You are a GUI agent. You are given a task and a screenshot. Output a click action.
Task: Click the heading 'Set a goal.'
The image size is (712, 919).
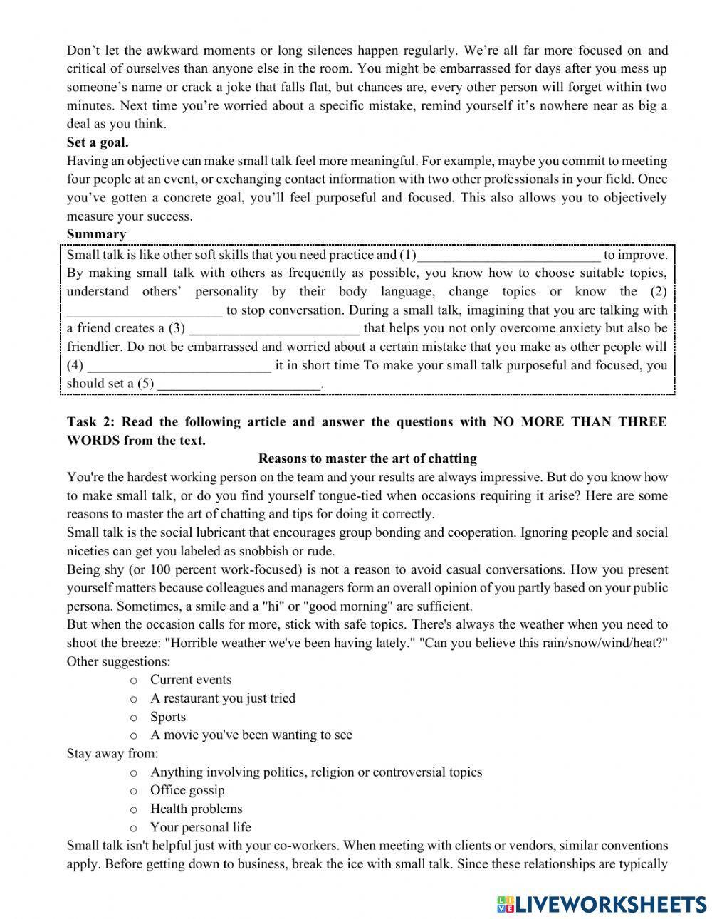coord(98,142)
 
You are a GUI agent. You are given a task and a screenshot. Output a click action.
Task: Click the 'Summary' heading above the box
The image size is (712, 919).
coord(96,234)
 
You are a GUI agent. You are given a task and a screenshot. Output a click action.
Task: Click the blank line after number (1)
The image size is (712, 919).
coord(508,256)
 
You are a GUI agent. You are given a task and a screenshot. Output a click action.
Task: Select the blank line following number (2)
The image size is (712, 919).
coord(145,311)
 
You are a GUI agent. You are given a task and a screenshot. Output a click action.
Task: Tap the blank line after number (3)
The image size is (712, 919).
coord(274,329)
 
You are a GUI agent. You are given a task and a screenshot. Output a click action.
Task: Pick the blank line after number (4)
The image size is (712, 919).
coord(178,366)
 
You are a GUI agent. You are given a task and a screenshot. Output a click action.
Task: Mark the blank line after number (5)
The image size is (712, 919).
coord(239,384)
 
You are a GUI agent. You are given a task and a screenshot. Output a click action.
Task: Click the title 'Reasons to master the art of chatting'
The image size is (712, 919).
coord(367,458)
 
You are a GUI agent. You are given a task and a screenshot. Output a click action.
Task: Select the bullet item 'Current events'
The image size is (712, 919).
coord(191,680)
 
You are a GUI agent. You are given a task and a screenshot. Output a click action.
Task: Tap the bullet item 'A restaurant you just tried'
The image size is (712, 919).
coord(222,698)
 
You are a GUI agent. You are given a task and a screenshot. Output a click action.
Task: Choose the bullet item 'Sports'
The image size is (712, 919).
coord(168,717)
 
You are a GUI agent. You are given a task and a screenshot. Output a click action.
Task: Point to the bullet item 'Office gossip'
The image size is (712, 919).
coord(187,790)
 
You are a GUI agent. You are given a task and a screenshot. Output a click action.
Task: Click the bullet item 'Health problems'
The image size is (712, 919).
coord(196,809)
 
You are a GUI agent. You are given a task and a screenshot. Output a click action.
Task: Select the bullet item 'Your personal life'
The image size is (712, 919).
coord(200,827)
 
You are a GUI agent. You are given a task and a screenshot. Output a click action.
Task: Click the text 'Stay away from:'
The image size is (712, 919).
coord(112,753)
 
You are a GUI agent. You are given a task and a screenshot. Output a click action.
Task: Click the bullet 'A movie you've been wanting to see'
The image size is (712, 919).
coord(251,735)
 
